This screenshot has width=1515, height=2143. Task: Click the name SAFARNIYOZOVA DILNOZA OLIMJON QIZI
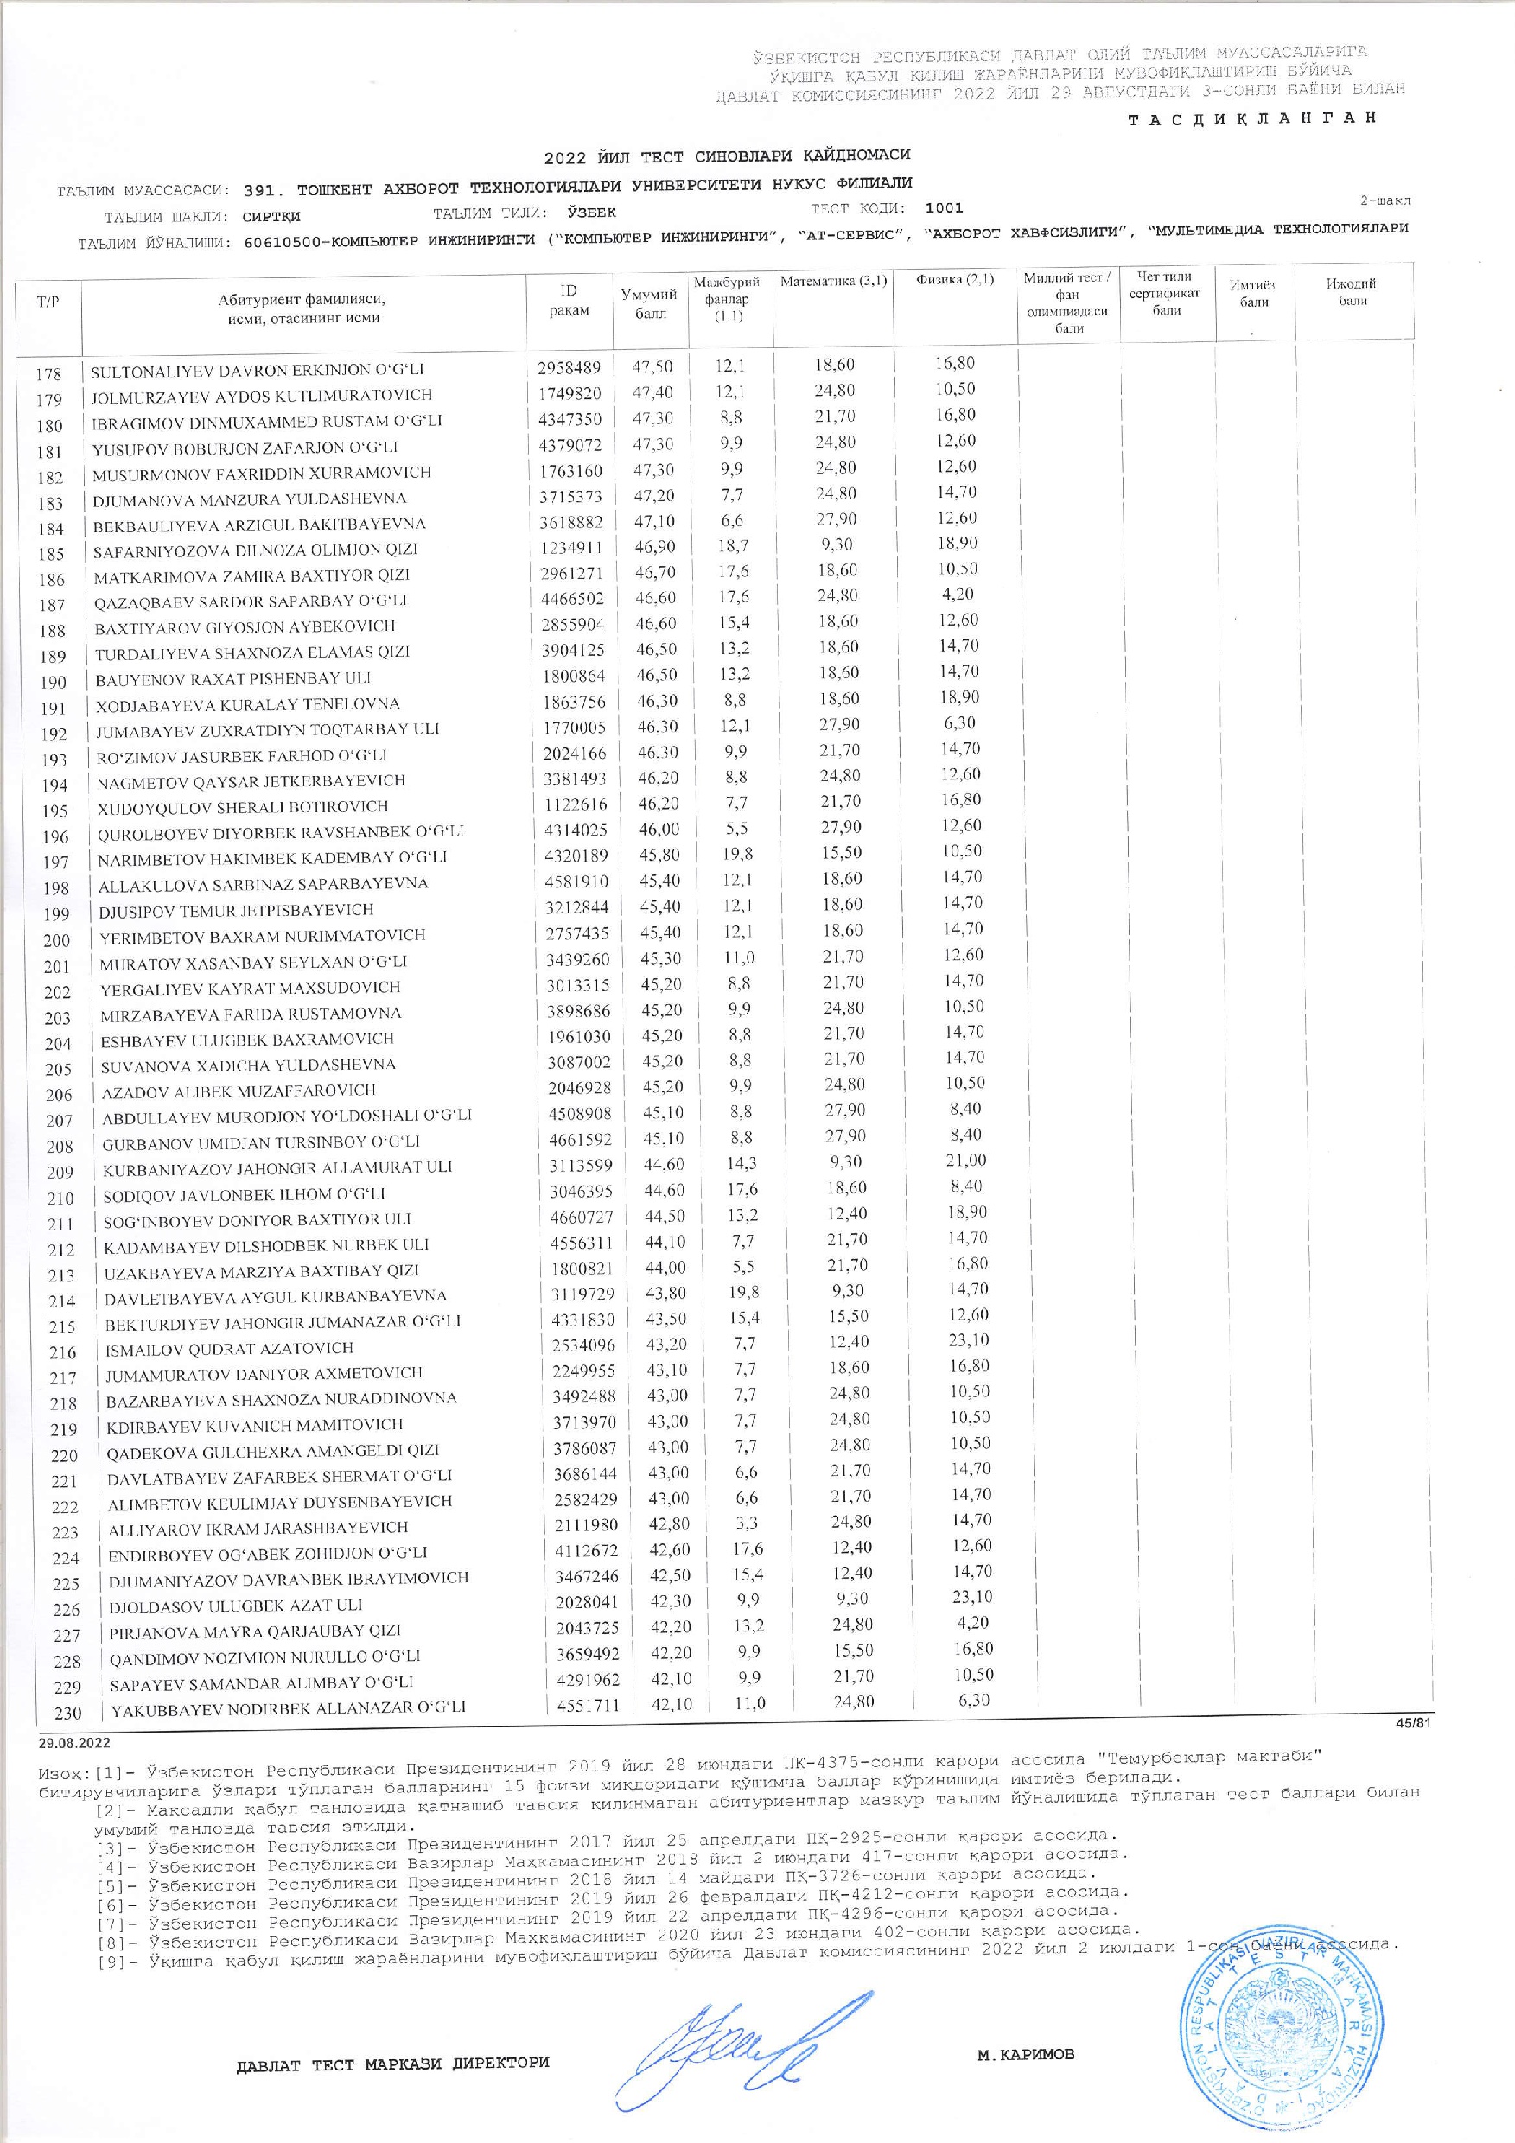255,550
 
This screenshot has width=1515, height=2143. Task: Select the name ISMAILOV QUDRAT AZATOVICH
229,1348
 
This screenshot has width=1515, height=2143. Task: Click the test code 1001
944,208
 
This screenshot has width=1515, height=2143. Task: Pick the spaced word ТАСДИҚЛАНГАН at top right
1252,118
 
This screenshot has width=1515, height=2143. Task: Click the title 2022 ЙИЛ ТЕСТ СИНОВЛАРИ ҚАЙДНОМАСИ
726,154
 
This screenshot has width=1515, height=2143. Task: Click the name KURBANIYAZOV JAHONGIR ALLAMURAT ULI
277,1167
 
